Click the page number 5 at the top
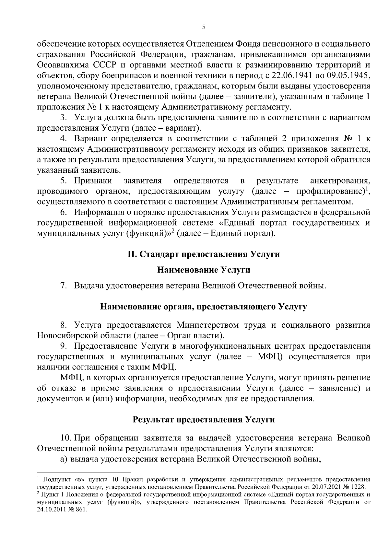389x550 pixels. point(204,27)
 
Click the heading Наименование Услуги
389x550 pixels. point(204,270)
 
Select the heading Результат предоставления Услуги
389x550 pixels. point(204,420)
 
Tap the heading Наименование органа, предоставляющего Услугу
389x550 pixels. point(204,306)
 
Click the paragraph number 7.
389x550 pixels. point(64,286)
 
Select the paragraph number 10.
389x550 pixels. point(66,439)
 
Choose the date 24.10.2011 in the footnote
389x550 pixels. point(51,509)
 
